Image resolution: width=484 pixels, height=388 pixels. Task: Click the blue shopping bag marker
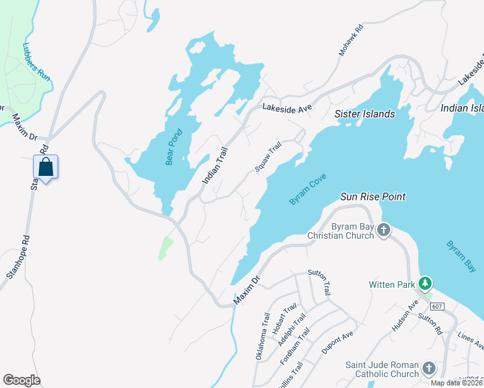click(46, 167)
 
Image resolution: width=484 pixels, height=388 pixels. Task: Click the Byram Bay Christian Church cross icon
click(384, 230)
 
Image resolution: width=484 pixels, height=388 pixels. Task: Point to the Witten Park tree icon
click(425, 283)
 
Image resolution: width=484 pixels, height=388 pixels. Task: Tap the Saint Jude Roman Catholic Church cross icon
click(428, 369)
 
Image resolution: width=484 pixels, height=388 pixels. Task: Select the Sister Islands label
click(364, 114)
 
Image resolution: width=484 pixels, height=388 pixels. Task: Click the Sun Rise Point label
click(373, 195)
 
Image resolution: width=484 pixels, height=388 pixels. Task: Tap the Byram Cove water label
click(308, 190)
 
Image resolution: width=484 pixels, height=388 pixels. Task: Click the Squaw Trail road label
click(269, 158)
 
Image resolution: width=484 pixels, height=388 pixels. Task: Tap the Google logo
click(21, 380)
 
